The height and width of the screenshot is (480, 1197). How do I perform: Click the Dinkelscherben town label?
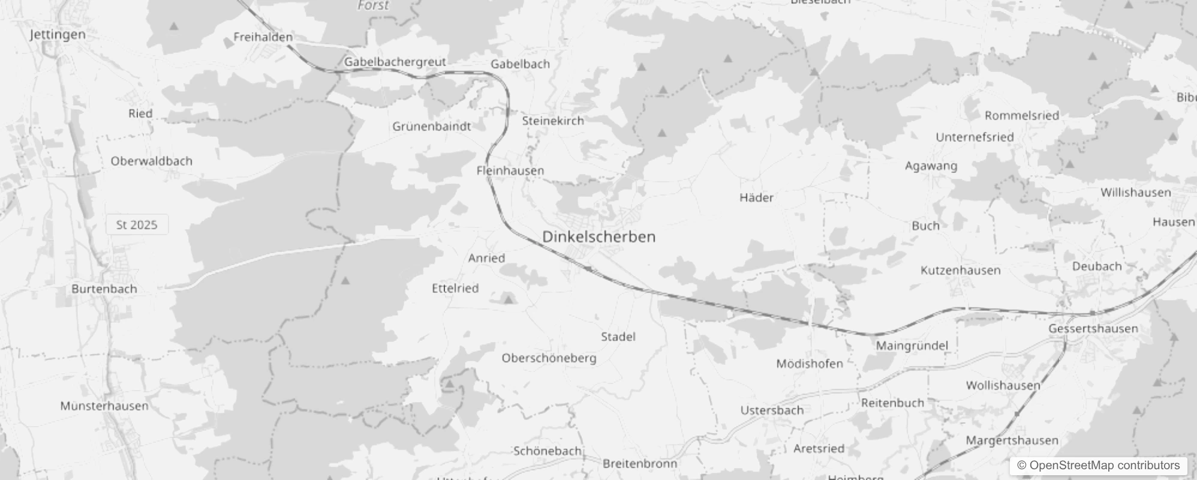tap(598, 237)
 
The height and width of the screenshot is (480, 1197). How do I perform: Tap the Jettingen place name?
tap(58, 35)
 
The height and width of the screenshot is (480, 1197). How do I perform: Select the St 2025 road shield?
tap(137, 225)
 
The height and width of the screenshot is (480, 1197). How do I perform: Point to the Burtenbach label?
tap(104, 289)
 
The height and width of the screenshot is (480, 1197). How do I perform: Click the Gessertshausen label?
tap(1093, 329)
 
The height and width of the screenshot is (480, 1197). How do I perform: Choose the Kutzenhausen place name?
tap(960, 271)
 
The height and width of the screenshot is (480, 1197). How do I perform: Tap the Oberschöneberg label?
tap(549, 358)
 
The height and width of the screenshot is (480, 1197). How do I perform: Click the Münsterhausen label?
tap(104, 406)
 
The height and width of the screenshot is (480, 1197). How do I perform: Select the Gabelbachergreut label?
tap(395, 62)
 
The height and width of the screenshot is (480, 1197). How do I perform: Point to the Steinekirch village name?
tap(552, 121)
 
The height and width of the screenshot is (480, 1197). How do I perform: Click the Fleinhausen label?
tap(510, 170)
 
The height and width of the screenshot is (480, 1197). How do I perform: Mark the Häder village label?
tap(756, 197)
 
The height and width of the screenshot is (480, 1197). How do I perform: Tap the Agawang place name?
tap(931, 166)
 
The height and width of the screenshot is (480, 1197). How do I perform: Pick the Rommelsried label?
tap(1021, 115)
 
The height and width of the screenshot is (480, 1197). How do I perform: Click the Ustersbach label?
tap(771, 410)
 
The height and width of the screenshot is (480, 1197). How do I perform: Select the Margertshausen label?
tap(1012, 440)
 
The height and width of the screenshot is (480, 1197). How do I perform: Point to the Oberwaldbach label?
tap(151, 161)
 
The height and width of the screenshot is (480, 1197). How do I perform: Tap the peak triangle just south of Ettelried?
tap(509, 299)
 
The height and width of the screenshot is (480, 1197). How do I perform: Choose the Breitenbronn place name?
tap(639, 464)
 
